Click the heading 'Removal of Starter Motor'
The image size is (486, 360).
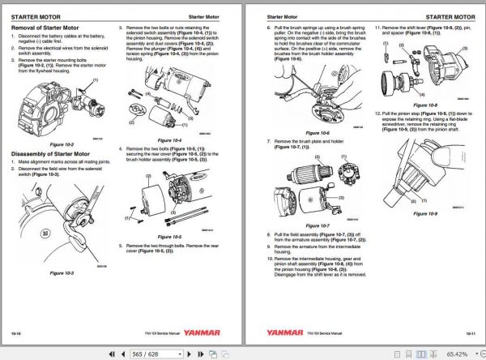[45, 28]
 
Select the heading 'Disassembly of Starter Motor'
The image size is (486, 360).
[52, 154]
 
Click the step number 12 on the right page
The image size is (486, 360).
[377, 113]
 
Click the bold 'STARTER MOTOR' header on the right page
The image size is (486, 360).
[450, 15]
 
